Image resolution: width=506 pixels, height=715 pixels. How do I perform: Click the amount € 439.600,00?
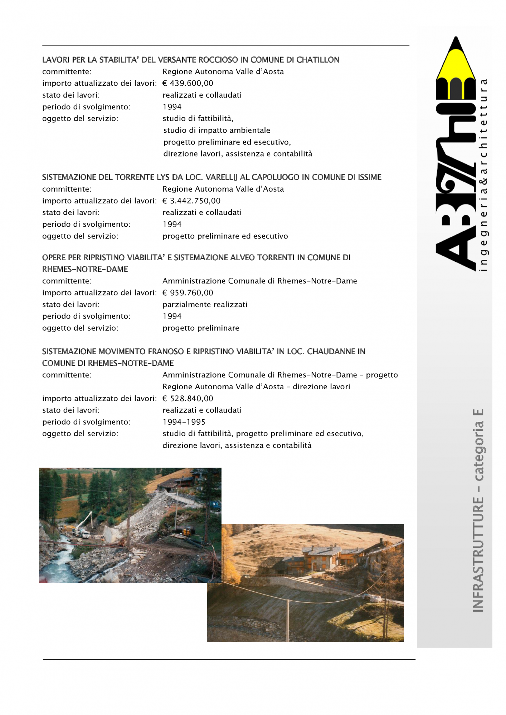[x=188, y=83]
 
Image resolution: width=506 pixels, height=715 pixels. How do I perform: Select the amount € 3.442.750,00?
[x=191, y=201]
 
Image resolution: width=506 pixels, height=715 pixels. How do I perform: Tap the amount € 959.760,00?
[x=188, y=293]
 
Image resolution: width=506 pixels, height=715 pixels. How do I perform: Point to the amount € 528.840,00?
[x=188, y=399]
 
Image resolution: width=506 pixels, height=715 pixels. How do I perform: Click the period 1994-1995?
[x=184, y=422]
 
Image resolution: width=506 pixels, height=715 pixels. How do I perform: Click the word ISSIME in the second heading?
[x=369, y=177]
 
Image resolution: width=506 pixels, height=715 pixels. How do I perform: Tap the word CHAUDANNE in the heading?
[x=331, y=351]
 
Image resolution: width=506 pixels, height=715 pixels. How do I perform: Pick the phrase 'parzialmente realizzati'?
[x=205, y=305]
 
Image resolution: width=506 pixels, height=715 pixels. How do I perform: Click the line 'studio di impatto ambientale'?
[x=216, y=130]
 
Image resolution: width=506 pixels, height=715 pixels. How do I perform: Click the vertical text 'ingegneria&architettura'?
[x=483, y=175]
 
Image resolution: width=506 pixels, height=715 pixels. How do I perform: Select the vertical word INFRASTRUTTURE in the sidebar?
[x=478, y=554]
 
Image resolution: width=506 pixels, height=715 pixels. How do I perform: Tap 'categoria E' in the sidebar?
[x=478, y=445]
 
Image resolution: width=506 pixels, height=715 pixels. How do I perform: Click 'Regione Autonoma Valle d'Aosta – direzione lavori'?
[x=256, y=387]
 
